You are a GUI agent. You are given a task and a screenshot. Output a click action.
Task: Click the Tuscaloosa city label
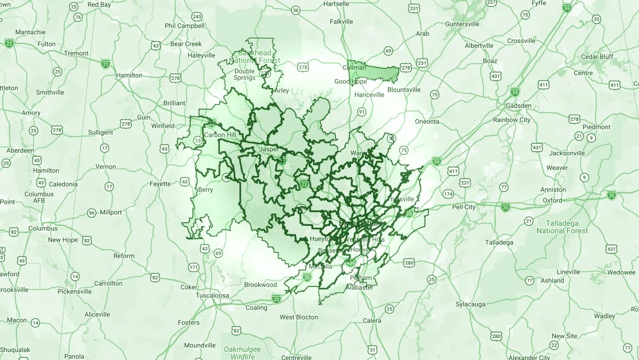(x=212, y=296)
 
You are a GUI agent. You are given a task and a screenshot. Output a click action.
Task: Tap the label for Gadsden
(x=519, y=105)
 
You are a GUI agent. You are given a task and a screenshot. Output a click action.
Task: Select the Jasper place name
(x=269, y=149)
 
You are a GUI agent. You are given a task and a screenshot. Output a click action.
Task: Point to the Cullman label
(x=354, y=68)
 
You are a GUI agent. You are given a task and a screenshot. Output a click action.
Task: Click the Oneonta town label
(x=427, y=121)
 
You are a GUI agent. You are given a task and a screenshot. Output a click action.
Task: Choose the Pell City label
(x=463, y=207)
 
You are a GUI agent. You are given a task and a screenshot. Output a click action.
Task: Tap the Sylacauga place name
(x=470, y=304)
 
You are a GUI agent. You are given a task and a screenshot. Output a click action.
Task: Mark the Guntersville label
(x=462, y=24)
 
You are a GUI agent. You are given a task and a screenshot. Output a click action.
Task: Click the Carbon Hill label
(x=220, y=135)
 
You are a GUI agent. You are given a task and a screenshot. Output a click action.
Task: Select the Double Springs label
(x=244, y=74)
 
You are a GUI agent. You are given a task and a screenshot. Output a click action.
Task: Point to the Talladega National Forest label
(x=562, y=227)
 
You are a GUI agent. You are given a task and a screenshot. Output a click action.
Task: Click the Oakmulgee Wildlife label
(x=243, y=352)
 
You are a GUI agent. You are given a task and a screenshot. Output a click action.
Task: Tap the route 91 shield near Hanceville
(x=361, y=112)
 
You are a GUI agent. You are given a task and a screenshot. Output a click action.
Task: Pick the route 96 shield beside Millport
(x=92, y=213)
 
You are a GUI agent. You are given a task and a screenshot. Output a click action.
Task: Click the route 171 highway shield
(x=193, y=267)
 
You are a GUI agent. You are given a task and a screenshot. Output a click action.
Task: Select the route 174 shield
(x=448, y=194)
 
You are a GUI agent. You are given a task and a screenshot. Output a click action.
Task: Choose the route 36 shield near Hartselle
(x=296, y=10)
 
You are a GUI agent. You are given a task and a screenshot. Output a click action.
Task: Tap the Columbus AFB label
(x=39, y=197)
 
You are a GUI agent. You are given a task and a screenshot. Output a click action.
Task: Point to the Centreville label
(x=296, y=357)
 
